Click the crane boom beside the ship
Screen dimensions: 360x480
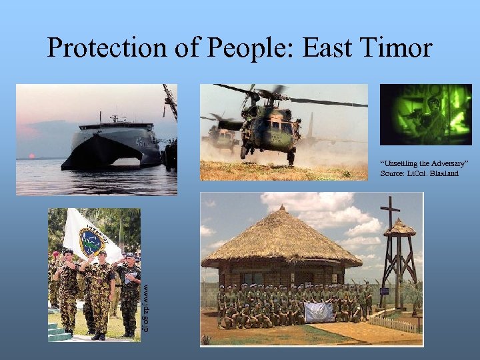170,100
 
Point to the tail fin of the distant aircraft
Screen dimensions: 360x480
310,123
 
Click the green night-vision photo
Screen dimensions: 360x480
425,115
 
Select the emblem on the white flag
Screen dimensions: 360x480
91,241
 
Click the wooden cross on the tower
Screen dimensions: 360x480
389,213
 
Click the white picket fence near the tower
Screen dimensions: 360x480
397,323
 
